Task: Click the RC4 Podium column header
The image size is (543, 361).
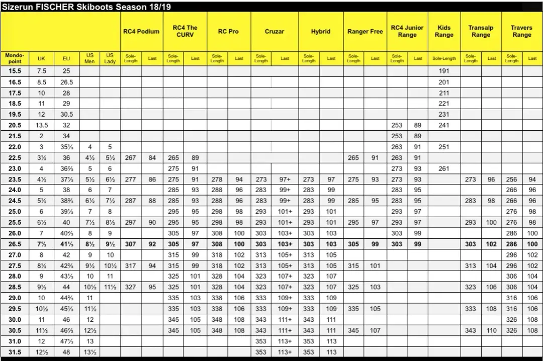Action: (141, 31)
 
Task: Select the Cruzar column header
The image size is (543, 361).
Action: (275, 31)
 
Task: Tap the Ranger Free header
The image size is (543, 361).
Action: (365, 31)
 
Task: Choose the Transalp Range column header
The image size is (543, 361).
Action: (481, 31)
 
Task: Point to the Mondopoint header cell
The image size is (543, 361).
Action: (15, 58)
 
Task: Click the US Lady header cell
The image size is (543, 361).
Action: (110, 58)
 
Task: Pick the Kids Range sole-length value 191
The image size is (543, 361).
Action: (444, 71)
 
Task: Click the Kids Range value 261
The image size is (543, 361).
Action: (444, 168)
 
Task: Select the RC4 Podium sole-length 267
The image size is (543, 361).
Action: (130, 158)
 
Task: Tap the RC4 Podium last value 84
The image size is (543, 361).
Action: (152, 158)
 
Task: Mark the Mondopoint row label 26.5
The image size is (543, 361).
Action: (15, 244)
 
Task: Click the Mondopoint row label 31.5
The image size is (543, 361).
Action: (15, 352)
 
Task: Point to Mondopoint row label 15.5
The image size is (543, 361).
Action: (15, 71)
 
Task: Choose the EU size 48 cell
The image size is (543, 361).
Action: (66, 352)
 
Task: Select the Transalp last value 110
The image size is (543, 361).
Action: (492, 330)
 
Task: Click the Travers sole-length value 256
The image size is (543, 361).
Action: (511, 179)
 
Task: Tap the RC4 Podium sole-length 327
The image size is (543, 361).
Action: (130, 287)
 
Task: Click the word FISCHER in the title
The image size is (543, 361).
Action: (58, 7)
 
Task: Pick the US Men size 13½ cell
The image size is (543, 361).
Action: (90, 352)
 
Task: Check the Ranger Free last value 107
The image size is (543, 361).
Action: (375, 330)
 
